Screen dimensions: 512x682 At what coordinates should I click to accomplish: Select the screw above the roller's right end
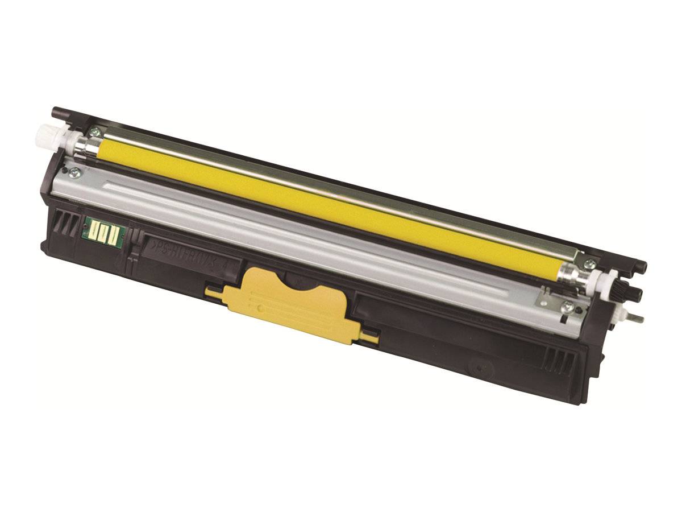tap(591, 263)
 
